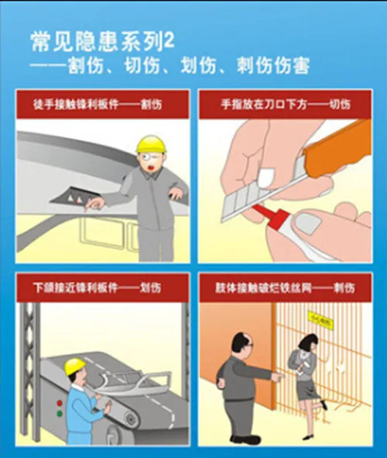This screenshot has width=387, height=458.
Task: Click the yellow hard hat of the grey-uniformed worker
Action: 151,144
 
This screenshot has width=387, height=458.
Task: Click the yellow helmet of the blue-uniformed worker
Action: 74,366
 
